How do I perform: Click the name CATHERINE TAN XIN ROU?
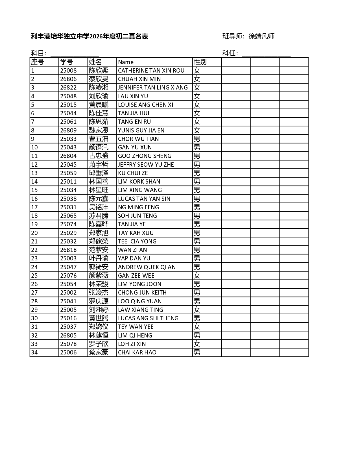click(151, 71)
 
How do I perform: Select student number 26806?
click(68, 79)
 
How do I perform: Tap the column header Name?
click(126, 62)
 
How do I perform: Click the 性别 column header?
click(200, 62)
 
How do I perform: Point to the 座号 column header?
click(38, 62)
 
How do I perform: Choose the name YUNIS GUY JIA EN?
click(141, 130)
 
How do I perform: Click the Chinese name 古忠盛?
click(99, 156)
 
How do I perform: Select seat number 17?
click(34, 207)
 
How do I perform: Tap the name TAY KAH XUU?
click(136, 233)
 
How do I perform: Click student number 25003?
click(68, 258)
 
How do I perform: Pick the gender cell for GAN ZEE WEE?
click(197, 275)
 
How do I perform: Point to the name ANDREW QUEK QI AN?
click(147, 267)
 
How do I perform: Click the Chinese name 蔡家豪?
click(99, 352)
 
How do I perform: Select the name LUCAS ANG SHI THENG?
click(148, 318)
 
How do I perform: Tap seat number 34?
click(34, 352)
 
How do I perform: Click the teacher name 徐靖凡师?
click(261, 36)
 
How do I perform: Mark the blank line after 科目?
click(75, 54)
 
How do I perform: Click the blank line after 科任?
click(266, 54)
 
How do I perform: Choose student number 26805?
click(68, 336)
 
